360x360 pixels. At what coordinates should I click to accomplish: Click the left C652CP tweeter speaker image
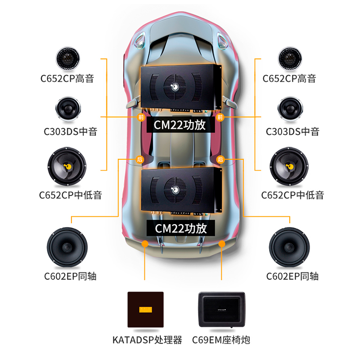[x=68, y=58]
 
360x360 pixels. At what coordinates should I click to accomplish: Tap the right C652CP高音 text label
[x=289, y=78]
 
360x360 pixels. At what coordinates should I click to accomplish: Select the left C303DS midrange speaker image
[x=68, y=109]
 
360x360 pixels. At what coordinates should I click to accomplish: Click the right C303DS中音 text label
[x=292, y=131]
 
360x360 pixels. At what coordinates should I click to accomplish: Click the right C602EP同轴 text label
[x=292, y=275]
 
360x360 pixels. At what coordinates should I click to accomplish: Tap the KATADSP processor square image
[x=145, y=310]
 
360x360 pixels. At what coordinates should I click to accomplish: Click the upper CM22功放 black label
[x=180, y=125]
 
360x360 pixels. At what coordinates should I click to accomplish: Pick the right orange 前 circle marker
[x=220, y=117]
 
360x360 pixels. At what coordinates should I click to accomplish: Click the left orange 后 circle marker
[x=139, y=159]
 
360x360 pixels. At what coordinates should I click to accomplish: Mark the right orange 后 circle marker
[x=220, y=159]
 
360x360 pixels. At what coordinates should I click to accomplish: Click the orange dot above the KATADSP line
[x=145, y=244]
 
